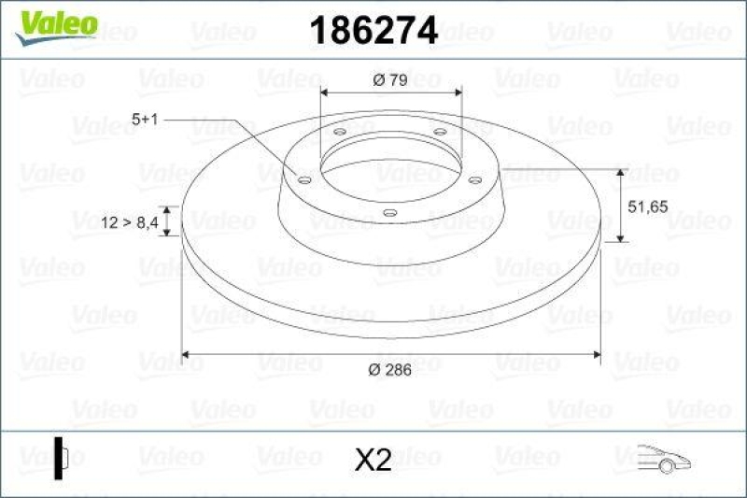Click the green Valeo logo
(58, 22)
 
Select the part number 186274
(373, 31)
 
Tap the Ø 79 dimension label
(389, 80)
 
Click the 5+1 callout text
(148, 120)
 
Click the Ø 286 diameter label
(389, 370)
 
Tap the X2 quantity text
(373, 460)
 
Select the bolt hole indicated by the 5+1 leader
(304, 180)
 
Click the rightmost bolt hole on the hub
(473, 179)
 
